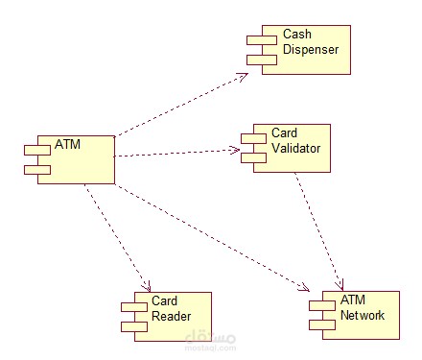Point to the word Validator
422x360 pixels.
pos(294,149)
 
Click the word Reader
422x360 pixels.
pos(171,316)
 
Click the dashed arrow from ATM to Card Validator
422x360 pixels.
pos(177,152)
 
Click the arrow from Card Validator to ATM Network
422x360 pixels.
pos(320,230)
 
